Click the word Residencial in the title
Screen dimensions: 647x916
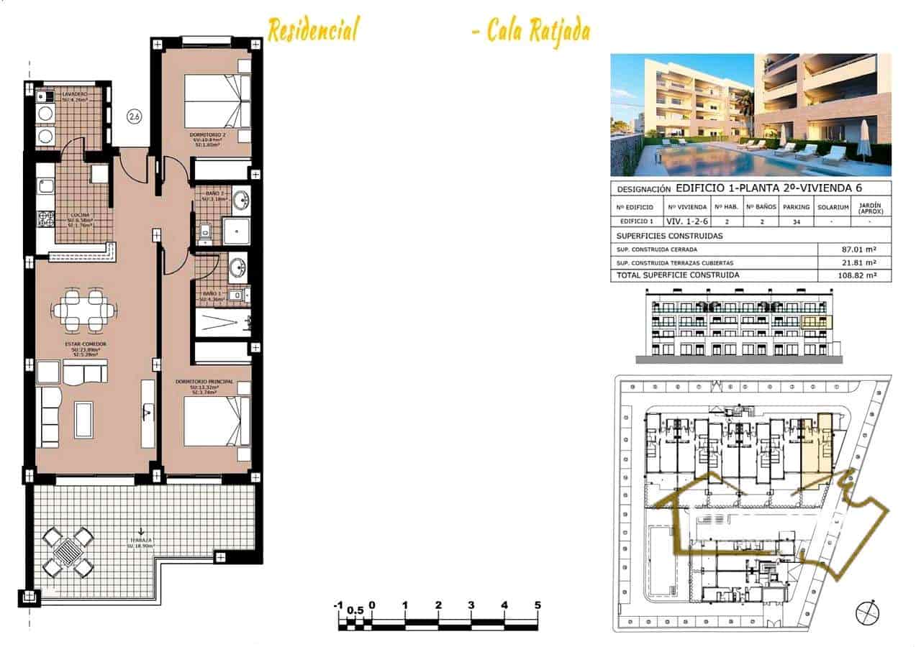(x=313, y=30)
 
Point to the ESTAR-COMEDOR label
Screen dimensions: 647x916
(x=86, y=344)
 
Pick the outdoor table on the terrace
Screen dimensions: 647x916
(x=68, y=552)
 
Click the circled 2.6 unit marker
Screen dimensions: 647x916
(x=133, y=115)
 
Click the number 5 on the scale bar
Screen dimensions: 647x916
(x=537, y=605)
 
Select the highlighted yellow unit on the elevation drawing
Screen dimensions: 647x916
(x=815, y=322)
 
